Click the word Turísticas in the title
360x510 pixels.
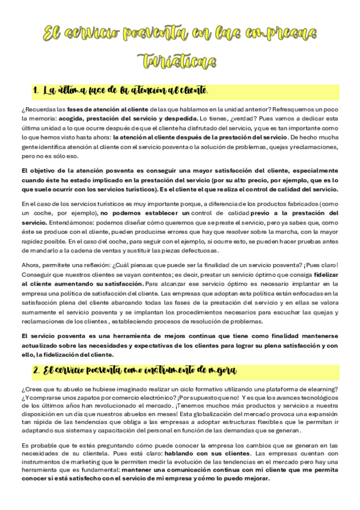point(180,61)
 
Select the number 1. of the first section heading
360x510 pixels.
point(36,91)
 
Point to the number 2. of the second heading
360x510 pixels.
point(37,369)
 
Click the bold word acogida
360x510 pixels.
point(90,119)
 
